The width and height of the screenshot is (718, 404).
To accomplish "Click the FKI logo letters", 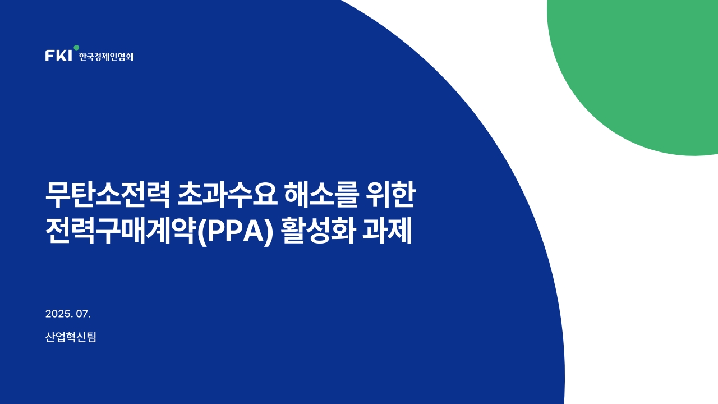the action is (59, 56).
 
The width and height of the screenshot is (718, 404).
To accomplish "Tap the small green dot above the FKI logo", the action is (76, 48).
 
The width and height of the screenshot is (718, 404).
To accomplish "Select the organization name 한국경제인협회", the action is (106, 57).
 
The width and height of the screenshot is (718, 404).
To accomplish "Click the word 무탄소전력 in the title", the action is (108, 195).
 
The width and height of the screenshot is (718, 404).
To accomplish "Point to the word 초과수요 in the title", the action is (227, 195).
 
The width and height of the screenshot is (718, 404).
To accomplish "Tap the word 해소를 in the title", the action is (321, 195).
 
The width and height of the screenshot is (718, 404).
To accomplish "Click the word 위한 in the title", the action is (390, 195).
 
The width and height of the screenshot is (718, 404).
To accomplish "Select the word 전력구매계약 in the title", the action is (121, 231).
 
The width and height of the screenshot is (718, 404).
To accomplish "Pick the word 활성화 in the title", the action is (319, 231).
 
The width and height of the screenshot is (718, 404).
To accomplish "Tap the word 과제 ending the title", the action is (387, 231).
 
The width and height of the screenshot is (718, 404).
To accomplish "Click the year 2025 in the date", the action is (58, 314).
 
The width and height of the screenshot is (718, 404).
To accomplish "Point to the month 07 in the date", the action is (82, 314).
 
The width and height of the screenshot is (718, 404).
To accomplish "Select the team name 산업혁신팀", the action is (71, 337).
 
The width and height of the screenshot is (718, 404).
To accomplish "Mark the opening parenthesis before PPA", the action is (201, 232).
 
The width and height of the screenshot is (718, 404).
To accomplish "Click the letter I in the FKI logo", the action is (70, 56).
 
